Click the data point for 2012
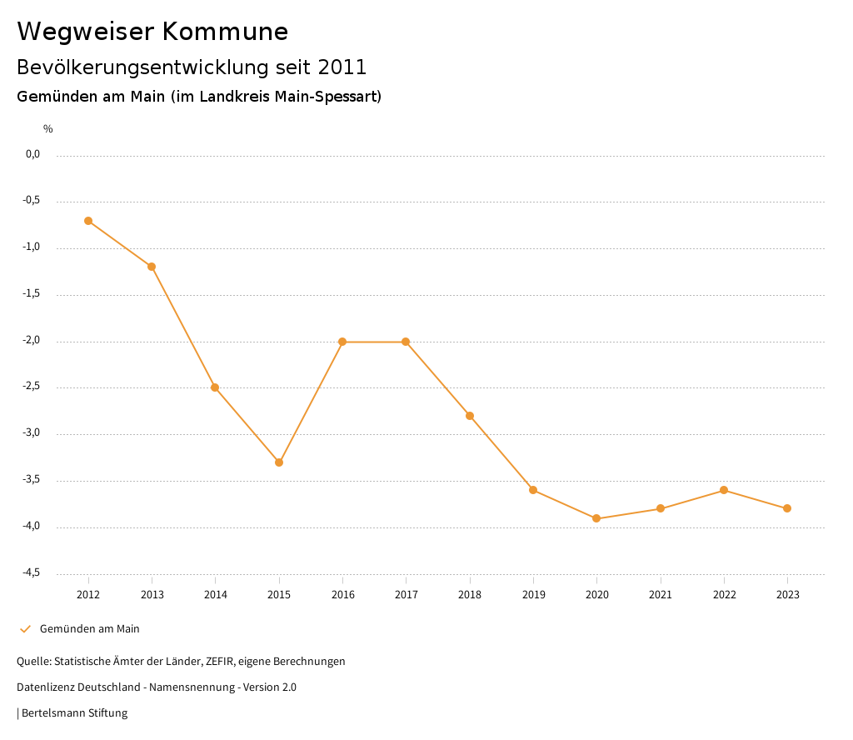click(88, 221)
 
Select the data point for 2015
click(279, 462)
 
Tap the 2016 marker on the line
click(342, 342)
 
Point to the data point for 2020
click(596, 518)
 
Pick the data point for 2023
click(787, 508)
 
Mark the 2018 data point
click(470, 416)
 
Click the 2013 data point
click(152, 267)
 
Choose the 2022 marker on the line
click(724, 490)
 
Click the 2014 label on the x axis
click(215, 595)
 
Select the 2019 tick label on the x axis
click(533, 595)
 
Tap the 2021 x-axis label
click(661, 595)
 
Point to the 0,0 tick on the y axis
click(32, 154)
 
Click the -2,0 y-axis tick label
click(31, 341)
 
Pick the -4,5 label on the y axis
click(31, 572)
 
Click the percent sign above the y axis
click(48, 129)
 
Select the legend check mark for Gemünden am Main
click(25, 629)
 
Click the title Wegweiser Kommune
click(152, 32)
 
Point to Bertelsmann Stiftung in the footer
click(74, 713)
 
